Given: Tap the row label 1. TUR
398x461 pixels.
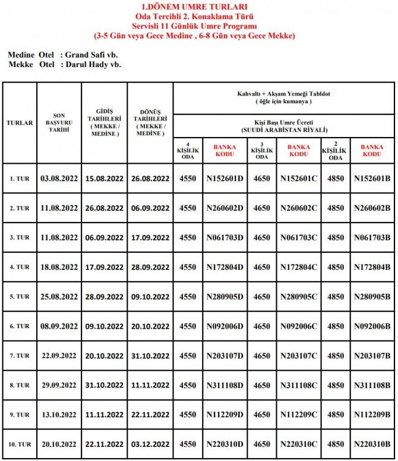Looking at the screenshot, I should (x=20, y=178).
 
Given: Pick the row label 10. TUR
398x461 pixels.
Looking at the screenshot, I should (x=20, y=444).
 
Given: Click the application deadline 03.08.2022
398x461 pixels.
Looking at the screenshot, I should (x=59, y=178).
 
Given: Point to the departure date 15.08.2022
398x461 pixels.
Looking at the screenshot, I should (x=104, y=178).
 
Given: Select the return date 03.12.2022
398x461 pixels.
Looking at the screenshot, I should (x=150, y=444).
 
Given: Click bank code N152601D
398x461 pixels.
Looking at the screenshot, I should (x=225, y=178).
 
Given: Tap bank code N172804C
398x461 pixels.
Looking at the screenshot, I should (x=299, y=267).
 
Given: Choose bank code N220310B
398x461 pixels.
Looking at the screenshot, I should (x=372, y=444).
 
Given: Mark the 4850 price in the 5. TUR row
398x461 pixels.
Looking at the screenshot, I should (x=336, y=297).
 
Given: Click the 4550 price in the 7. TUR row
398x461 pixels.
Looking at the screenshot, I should (x=187, y=356).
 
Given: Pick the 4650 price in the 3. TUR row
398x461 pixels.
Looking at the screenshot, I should (x=262, y=237).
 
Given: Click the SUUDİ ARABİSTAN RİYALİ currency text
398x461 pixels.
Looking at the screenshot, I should (x=285, y=129).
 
